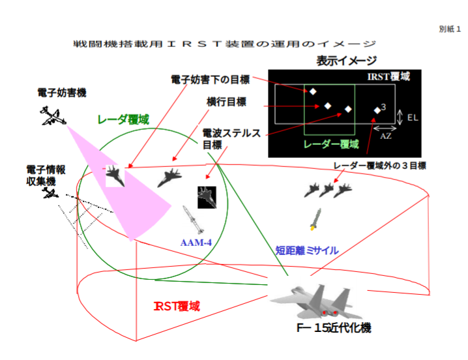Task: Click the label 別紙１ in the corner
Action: click(450, 29)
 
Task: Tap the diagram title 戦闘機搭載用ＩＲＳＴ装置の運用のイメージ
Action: click(225, 44)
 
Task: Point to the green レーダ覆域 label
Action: click(123, 120)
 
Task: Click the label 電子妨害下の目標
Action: click(210, 80)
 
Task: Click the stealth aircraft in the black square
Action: click(206, 197)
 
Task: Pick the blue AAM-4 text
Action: click(196, 242)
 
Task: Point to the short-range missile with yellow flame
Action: click(316, 219)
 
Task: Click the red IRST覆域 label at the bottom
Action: click(176, 305)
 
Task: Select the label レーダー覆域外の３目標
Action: click(379, 166)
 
